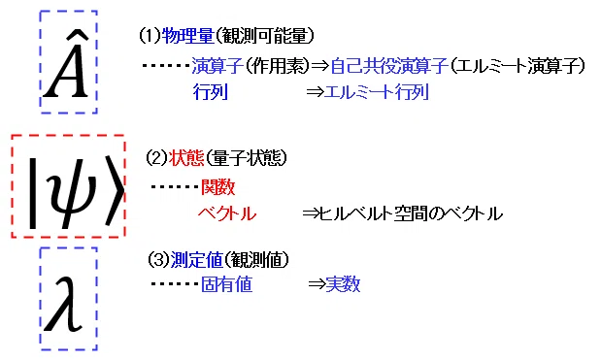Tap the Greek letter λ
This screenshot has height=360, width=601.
pyautogui.click(x=64, y=304)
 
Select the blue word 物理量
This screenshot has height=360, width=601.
pyautogui.click(x=187, y=36)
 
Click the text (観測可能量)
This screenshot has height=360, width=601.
pyautogui.click(x=264, y=36)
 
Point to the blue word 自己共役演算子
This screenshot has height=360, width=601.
pyautogui.click(x=389, y=66)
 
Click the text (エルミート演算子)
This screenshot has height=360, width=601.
pyautogui.click(x=518, y=66)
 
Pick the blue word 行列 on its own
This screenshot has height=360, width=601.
pyautogui.click(x=211, y=92)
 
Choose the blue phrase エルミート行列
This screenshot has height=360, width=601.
pyautogui.click(x=377, y=92)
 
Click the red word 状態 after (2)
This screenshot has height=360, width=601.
pyautogui.click(x=186, y=158)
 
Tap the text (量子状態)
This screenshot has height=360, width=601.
pyautogui.click(x=246, y=158)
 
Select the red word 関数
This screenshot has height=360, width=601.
pyautogui.click(x=217, y=187)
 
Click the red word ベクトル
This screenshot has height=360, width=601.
pyautogui.click(x=227, y=213)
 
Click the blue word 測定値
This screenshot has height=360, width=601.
pyautogui.click(x=196, y=260)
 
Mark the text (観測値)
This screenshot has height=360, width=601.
pyautogui.click(x=256, y=260)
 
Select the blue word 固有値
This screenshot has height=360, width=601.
pyautogui.click(x=226, y=284)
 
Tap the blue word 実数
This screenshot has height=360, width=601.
pyautogui.click(x=343, y=284)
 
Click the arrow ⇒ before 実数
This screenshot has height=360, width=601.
pyautogui.click(x=317, y=284)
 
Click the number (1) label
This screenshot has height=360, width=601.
pyautogui.click(x=150, y=36)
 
